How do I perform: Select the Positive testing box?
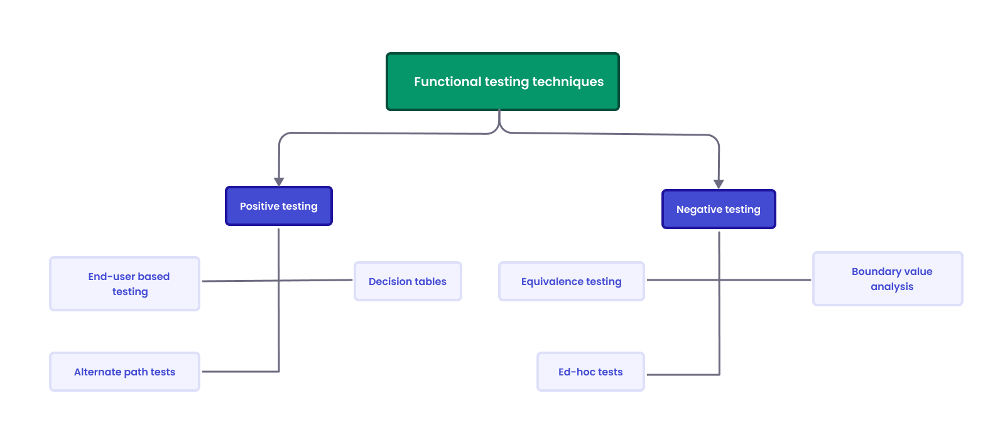click(278, 206)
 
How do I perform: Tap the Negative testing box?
click(719, 209)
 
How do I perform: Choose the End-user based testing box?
click(124, 284)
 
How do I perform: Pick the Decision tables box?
click(408, 281)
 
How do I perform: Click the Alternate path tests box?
click(124, 372)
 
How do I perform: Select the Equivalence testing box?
click(571, 281)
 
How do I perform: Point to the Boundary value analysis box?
click(887, 279)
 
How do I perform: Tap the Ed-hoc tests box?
click(590, 372)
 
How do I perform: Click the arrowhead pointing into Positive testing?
click(279, 181)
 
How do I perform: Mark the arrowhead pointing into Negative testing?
click(719, 184)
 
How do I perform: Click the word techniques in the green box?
click(568, 82)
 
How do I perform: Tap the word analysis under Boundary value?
click(892, 287)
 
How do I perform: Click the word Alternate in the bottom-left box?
click(97, 372)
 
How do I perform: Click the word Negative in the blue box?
click(698, 209)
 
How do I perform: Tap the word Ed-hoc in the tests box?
click(576, 372)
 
